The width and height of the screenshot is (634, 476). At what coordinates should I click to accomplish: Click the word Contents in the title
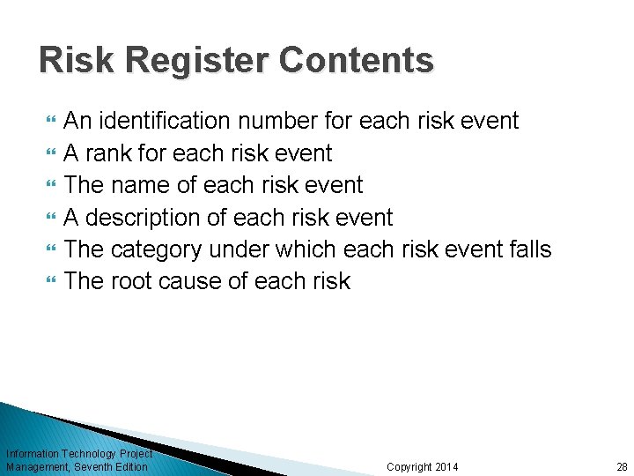coord(357,61)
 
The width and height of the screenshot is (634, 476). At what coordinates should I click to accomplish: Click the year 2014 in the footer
coord(446,466)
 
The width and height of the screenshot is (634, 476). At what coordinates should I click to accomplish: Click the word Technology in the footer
coord(85,454)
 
